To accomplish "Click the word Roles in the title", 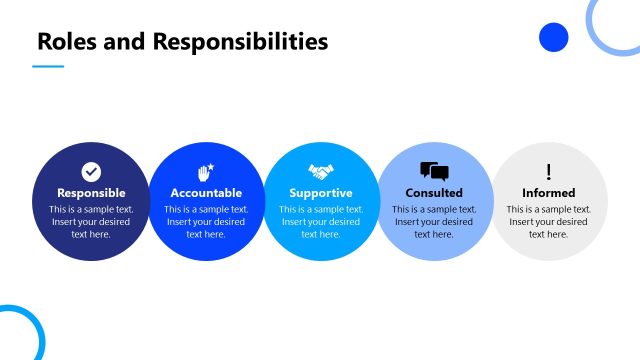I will click(63, 41).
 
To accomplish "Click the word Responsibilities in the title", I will click(240, 41).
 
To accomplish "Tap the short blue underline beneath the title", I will click(48, 67).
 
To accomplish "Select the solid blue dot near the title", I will click(553, 38).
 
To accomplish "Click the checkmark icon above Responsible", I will click(91, 172).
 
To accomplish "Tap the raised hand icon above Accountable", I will click(206, 171).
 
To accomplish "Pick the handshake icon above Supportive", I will click(321, 172).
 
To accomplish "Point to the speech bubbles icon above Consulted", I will click(434, 171).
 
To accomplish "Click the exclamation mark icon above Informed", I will click(548, 172).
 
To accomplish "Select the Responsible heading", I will click(91, 193).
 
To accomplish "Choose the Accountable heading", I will click(206, 193).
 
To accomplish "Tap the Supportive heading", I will click(321, 193).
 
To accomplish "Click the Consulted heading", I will click(434, 193).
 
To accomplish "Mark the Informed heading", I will click(548, 193).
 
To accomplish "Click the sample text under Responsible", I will click(91, 221).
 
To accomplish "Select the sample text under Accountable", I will click(206, 221).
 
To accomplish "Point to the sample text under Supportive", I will click(321, 221).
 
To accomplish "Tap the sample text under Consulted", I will click(434, 221).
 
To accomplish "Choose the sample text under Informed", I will click(548, 221).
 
